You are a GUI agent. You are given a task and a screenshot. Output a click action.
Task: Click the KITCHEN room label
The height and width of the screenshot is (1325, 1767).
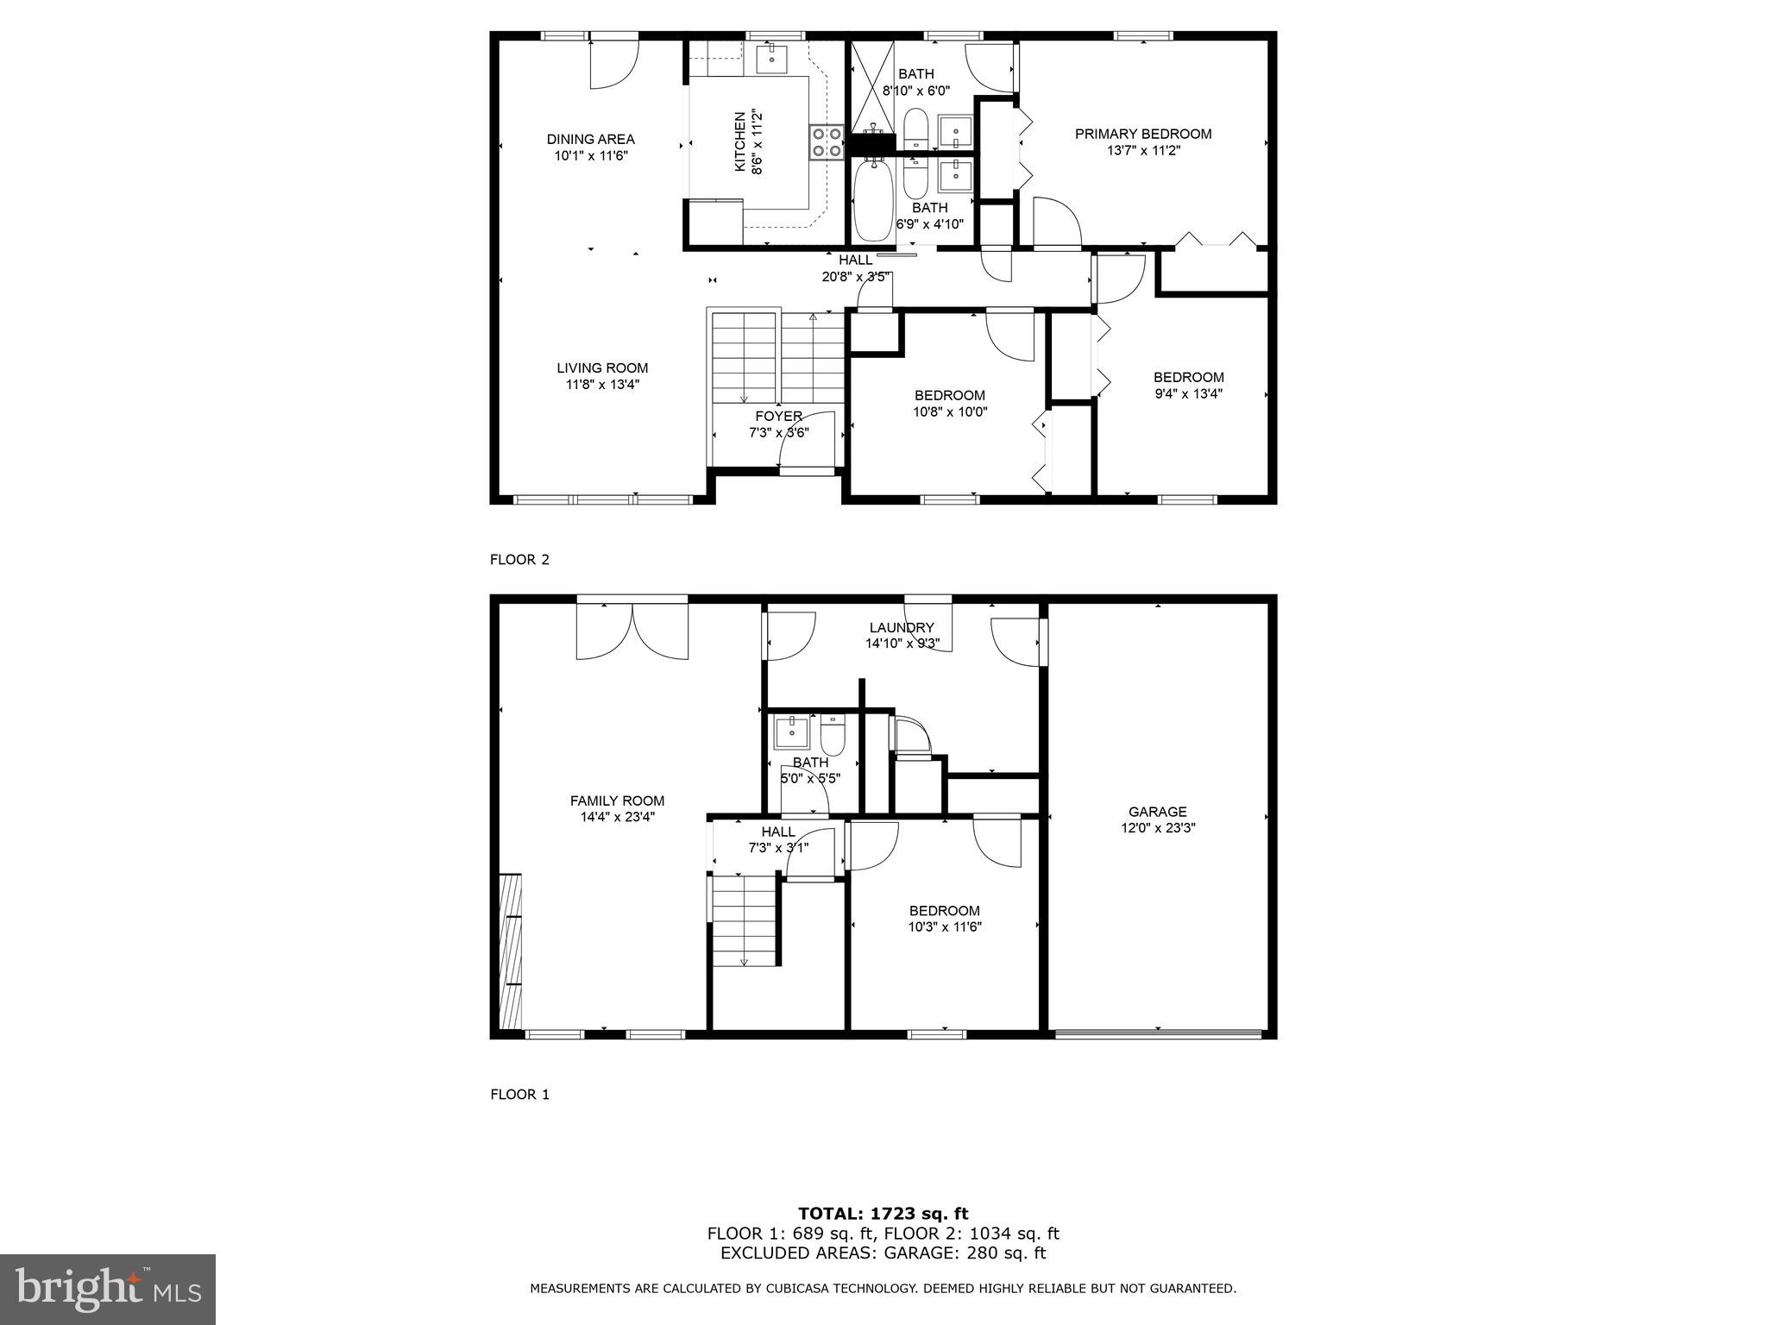coord(739,142)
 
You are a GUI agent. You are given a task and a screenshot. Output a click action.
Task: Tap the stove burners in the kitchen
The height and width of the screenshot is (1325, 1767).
coord(827,142)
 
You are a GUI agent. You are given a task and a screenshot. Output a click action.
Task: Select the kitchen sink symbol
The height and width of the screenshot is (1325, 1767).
coord(770,59)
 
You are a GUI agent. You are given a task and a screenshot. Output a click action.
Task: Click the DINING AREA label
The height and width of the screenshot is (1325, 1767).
coord(590,139)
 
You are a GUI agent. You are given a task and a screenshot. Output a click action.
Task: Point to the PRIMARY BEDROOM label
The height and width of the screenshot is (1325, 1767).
coord(1142,134)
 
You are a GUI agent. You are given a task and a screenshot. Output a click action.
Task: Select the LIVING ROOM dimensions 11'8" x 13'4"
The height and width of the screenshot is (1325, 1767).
coord(602,385)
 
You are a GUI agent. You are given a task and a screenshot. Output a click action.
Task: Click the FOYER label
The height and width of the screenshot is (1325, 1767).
coord(778,417)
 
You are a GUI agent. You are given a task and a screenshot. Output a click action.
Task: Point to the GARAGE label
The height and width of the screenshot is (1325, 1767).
coord(1157,812)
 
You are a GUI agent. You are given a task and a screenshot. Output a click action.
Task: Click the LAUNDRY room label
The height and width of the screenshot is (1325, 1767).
coord(901,628)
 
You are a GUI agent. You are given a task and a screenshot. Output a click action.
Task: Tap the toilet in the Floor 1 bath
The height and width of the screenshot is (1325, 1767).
coord(833,736)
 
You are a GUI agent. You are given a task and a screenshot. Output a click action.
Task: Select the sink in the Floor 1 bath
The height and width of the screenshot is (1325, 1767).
coord(791,732)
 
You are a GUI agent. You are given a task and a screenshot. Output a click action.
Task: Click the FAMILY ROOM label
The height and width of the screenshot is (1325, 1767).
coord(617,801)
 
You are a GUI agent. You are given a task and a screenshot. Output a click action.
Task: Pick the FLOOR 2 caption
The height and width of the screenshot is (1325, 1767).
coord(519,559)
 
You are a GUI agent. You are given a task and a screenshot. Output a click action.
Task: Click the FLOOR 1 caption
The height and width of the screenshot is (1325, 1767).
coord(519,1095)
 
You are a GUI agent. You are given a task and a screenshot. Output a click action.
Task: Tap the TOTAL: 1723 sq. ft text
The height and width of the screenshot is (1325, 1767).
coord(883,1214)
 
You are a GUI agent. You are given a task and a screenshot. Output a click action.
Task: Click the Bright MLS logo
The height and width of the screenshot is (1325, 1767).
coord(108,1289)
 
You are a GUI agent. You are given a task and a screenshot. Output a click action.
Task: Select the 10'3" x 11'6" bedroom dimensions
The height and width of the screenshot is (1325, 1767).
coord(945,927)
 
